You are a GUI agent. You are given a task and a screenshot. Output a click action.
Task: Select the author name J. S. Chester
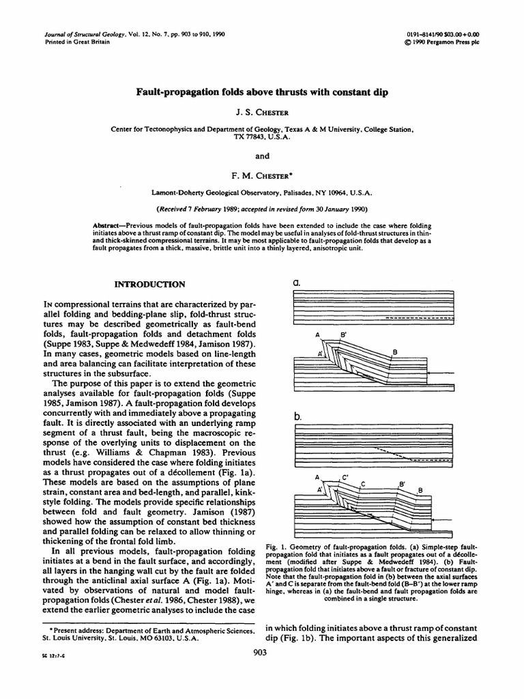pyautogui.click(x=261, y=112)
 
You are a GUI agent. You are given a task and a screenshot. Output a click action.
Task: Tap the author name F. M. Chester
pyautogui.click(x=263, y=176)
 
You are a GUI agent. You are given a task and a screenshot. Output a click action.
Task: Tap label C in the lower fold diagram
pyautogui.click(x=363, y=484)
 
